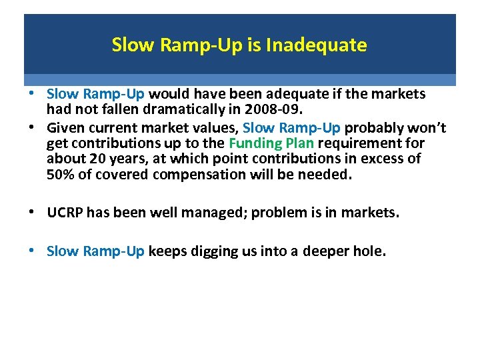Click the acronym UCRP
coord(66,213)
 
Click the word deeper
coord(327,251)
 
